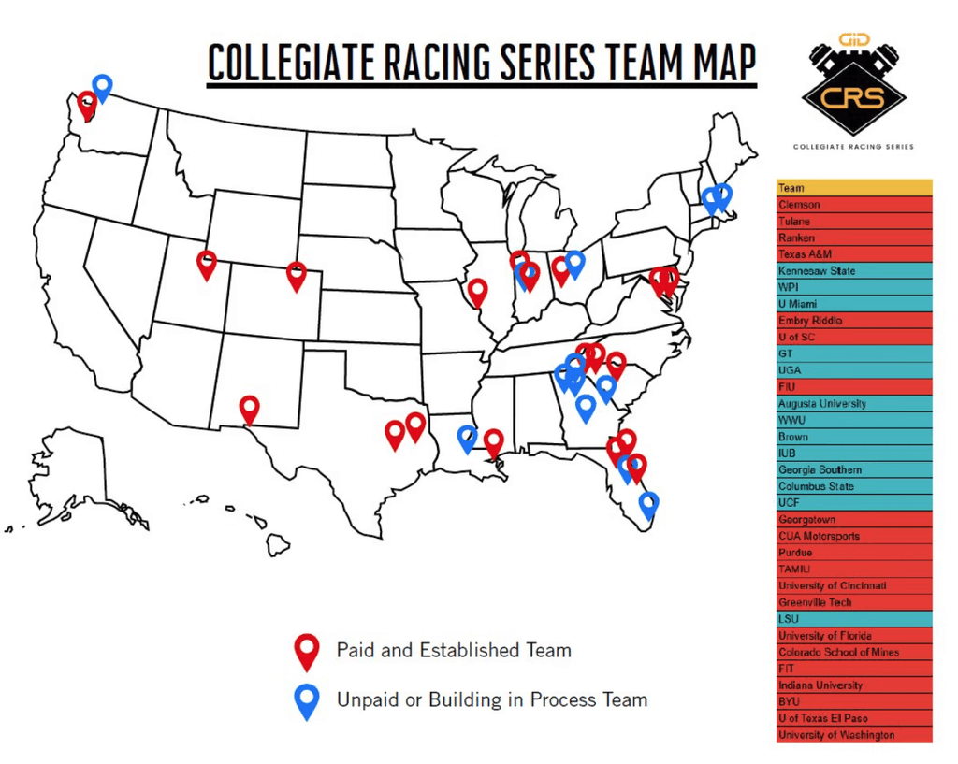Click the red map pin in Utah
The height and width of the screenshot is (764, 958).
(x=207, y=263)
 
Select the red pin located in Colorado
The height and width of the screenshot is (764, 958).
(x=297, y=274)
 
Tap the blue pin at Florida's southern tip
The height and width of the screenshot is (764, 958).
(x=648, y=503)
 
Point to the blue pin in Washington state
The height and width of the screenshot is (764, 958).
(x=102, y=87)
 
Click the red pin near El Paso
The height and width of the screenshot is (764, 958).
(x=249, y=408)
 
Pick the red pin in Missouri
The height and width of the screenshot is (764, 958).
(x=478, y=291)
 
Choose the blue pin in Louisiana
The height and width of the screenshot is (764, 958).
(x=467, y=437)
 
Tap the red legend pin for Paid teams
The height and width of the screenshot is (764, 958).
(x=306, y=649)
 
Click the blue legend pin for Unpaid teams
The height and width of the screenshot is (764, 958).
(x=306, y=699)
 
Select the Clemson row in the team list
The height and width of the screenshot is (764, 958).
(x=853, y=205)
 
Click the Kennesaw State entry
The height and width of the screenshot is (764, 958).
(x=853, y=271)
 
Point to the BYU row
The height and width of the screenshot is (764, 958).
(x=853, y=701)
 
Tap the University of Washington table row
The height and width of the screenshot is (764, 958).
(x=853, y=735)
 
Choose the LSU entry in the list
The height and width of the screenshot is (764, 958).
(x=853, y=619)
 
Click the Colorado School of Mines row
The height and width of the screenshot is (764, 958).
(x=853, y=652)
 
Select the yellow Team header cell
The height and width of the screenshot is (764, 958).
(x=853, y=188)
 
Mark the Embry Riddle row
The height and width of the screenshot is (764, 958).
(x=853, y=321)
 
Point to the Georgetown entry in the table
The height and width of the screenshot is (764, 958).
(x=853, y=520)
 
